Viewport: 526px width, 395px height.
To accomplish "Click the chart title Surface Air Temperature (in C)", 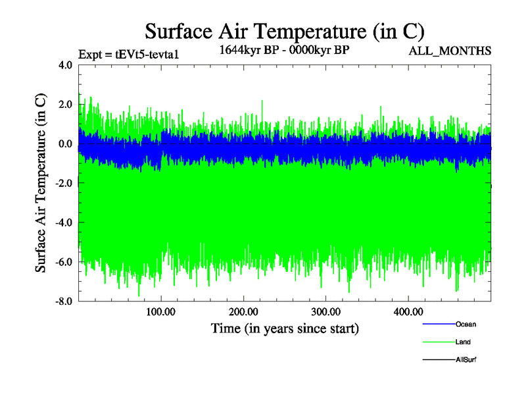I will tap(284, 31).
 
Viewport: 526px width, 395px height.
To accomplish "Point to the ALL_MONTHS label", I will tap(450, 50).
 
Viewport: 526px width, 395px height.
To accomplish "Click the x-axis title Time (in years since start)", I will tap(284, 328).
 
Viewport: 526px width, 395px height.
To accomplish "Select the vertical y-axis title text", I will tap(41, 184).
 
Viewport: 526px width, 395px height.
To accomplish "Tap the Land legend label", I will tap(463, 342).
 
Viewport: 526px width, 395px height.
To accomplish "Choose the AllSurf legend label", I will tap(466, 359).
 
